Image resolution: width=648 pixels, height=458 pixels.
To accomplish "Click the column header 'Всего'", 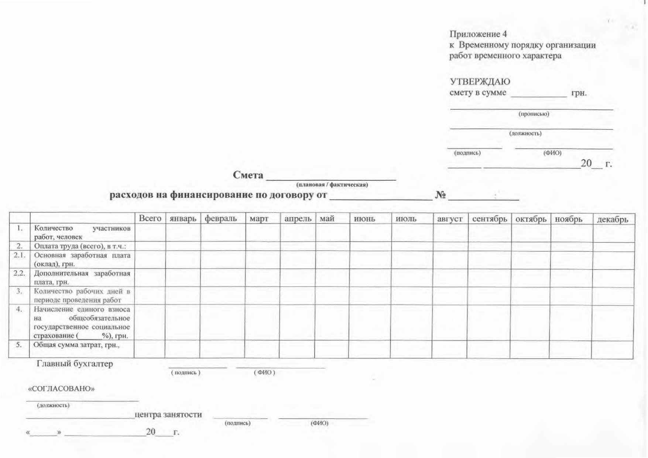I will pos(150,218).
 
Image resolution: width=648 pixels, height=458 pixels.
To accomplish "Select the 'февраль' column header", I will pos(220,218).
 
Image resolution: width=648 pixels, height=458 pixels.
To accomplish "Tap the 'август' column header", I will pos(449,219).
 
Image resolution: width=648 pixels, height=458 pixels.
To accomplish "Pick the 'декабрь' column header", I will pos(612,219).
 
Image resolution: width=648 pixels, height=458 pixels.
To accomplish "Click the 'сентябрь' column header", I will pos(489,219).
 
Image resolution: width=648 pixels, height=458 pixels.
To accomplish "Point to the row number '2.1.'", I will pos(19,255).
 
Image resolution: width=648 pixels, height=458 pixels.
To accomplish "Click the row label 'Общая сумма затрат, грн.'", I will pos(76,345).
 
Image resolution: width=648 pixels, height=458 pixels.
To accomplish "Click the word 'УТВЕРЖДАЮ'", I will pos(480,81).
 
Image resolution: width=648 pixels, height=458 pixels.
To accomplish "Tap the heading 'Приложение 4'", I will pos(478,34).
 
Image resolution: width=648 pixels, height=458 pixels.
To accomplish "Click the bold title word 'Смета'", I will pos(248,175).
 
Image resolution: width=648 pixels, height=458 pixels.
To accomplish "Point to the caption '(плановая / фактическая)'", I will pos(332,185).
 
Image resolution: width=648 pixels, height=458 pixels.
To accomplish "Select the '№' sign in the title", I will pos(440,194).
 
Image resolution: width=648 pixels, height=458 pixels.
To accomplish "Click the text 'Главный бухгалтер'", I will pos(75,364).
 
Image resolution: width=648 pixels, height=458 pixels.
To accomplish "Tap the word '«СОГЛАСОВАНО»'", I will pos(61,389).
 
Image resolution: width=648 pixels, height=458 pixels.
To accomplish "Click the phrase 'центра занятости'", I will pos(168,414).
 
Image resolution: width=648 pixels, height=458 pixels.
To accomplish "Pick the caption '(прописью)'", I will pos(534,114).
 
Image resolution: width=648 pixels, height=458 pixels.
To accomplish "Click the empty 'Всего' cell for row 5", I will pos(149,349).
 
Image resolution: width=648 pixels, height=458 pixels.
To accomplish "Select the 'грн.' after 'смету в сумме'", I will pos(579,93).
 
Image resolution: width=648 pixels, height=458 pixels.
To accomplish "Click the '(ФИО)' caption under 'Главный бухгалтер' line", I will pos(264,372).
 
